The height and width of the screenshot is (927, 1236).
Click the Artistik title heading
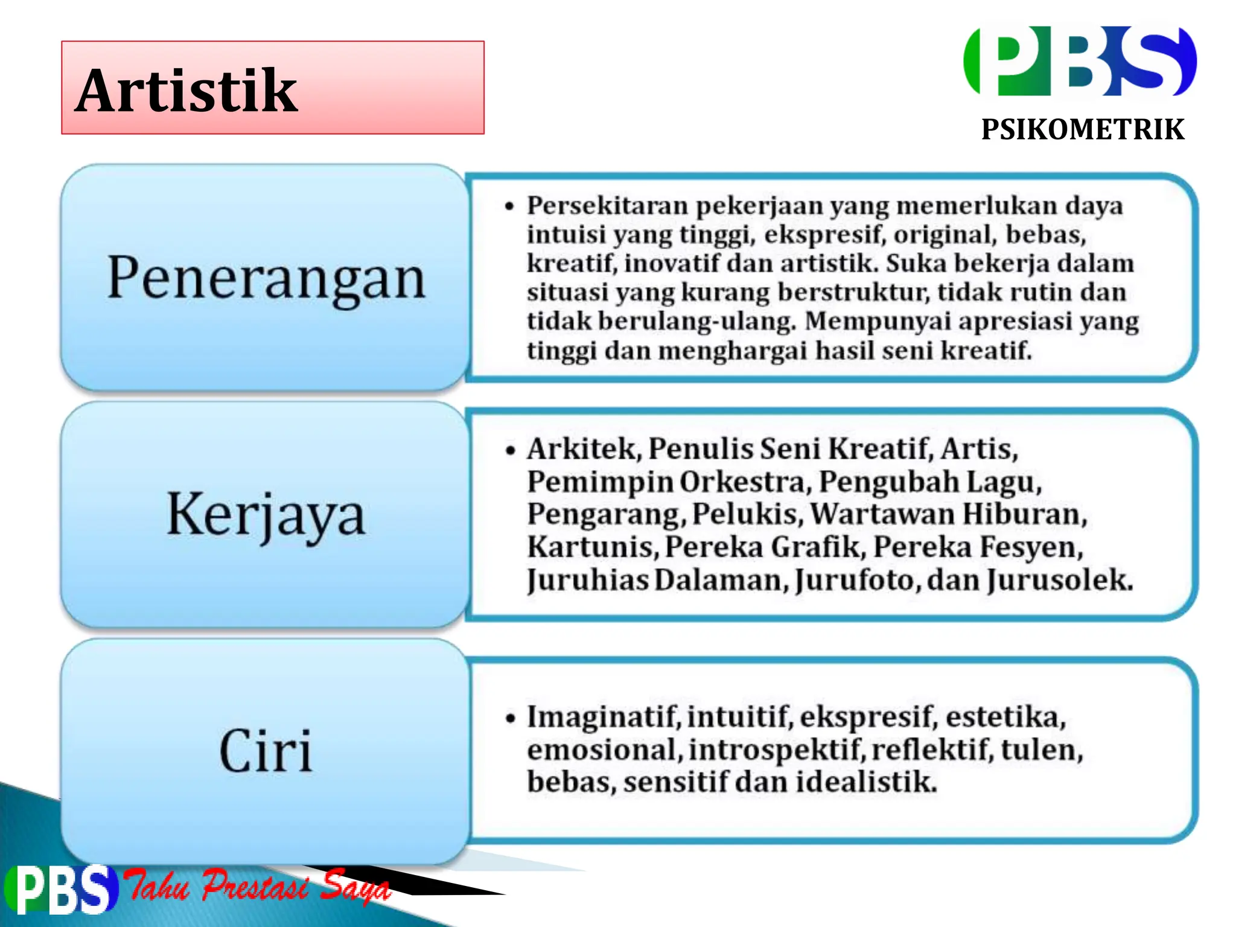(187, 91)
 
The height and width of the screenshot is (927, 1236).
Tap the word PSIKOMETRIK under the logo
(1083, 130)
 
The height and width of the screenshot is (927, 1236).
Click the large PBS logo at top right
(1080, 62)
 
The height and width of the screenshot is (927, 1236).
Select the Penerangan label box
(266, 278)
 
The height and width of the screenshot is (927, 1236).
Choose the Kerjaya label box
(266, 514)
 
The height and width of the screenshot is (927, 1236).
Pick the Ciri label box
(266, 751)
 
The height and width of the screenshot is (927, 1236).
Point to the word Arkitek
(583, 449)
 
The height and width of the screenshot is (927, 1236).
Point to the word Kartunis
(593, 547)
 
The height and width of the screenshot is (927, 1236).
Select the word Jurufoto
(857, 580)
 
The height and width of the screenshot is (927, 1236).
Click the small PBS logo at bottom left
(60, 889)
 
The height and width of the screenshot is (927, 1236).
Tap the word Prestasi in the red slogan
(255, 886)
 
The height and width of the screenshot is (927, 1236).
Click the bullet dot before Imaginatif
(511, 718)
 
